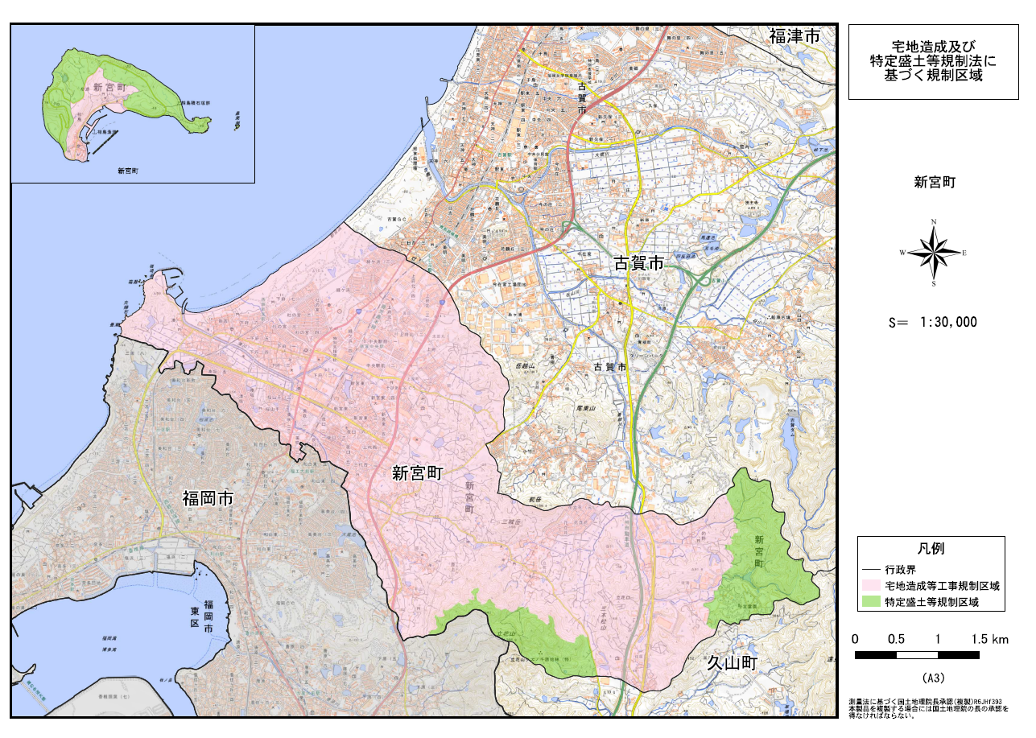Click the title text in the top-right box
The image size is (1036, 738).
(x=933, y=61)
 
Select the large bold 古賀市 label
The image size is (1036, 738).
(x=639, y=262)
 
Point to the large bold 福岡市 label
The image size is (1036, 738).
(x=207, y=499)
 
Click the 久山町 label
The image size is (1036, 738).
(x=733, y=664)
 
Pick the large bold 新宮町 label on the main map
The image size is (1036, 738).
(x=418, y=473)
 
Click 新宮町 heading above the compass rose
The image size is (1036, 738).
(x=933, y=183)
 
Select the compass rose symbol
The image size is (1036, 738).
(x=933, y=253)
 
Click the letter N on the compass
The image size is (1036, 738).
(x=934, y=221)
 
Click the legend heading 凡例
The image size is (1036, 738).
(x=931, y=549)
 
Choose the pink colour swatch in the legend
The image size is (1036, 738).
(x=871, y=585)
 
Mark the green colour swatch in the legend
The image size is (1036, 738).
(x=871, y=601)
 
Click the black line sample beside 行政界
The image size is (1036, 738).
(x=871, y=569)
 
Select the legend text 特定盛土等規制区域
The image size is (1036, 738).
(x=933, y=601)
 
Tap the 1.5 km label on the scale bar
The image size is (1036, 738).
(x=989, y=640)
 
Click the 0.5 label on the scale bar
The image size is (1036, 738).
(x=896, y=640)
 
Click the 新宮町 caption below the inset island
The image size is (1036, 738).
(x=127, y=171)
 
